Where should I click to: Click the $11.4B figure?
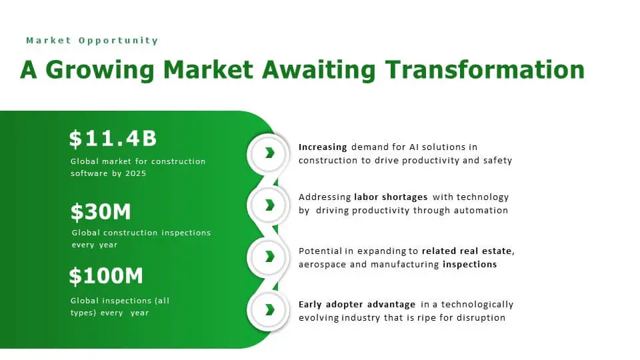[x=113, y=139]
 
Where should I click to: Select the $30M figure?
[x=101, y=212]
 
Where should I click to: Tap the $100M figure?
[x=106, y=275]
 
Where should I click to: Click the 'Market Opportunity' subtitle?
[x=92, y=41]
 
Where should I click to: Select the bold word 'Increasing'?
[x=323, y=147]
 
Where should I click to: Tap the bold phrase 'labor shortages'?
[x=391, y=197]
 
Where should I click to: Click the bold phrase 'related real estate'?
[x=467, y=251]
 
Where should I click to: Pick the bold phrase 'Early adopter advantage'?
[x=357, y=305]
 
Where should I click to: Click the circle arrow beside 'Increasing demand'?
[x=269, y=153]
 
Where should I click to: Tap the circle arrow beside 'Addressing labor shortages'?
[x=269, y=205]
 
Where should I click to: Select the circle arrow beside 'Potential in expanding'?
[x=269, y=257]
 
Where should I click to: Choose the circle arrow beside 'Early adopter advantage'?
[x=269, y=309]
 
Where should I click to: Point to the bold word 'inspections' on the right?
[x=469, y=265]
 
